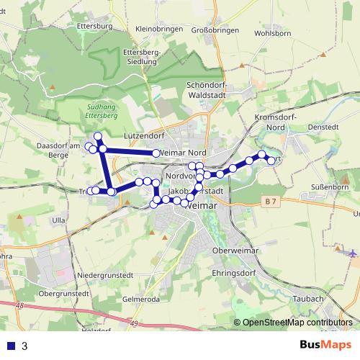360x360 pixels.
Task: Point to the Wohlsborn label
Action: (271, 33)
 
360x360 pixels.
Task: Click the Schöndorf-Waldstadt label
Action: (207, 89)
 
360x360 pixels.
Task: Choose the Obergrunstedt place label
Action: (63, 294)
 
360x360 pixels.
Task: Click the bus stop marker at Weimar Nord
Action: (156, 153)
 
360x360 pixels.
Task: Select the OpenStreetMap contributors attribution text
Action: (297, 323)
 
